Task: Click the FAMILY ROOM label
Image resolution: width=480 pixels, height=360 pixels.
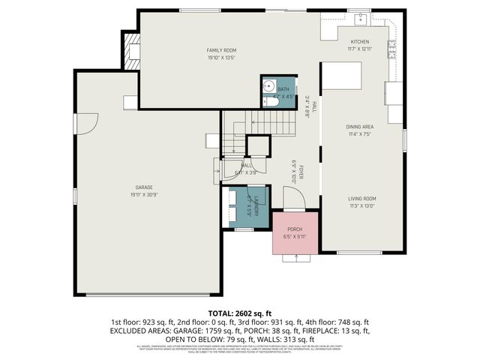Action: pos(221,50)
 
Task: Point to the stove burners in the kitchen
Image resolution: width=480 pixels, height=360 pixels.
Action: pos(391,49)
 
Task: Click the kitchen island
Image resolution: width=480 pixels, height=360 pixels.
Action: pos(342,76)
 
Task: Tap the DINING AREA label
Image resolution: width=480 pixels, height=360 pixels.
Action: pos(360,127)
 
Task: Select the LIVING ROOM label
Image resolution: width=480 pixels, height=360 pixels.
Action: pos(361,199)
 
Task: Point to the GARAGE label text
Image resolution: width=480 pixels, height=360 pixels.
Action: pos(144,187)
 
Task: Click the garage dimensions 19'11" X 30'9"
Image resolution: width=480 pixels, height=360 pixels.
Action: pos(144,193)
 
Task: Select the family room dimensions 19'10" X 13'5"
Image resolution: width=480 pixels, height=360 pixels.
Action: pos(221,57)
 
